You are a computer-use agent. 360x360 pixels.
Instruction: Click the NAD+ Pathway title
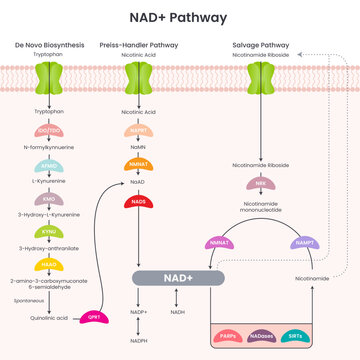[179, 17]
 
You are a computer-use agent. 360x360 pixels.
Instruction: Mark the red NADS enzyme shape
[140, 204]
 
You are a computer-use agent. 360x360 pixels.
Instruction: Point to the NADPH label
[141, 341]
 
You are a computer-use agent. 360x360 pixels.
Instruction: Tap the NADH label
[178, 312]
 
